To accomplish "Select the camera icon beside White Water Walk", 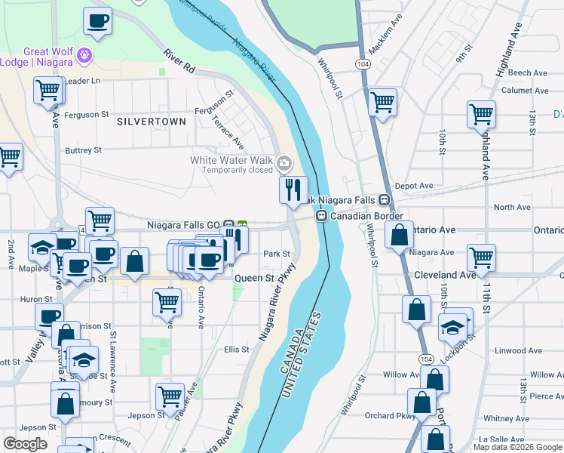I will [x=284, y=162].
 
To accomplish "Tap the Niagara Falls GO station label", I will [x=183, y=225].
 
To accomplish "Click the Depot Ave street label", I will [x=414, y=186].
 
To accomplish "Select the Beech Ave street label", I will [x=527, y=73].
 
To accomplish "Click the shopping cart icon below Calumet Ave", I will [x=481, y=115].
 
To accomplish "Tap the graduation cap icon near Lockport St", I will [x=452, y=327].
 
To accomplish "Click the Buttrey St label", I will [x=83, y=151].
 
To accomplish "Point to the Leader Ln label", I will [x=83, y=81].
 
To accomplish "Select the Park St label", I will [x=277, y=254].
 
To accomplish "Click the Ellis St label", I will [x=237, y=350].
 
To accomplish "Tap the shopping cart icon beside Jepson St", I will [x=170, y=396].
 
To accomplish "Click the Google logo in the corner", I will [x=25, y=444].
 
